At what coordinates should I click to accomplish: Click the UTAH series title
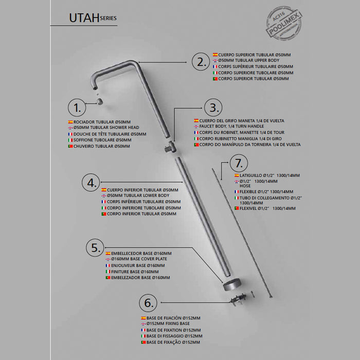[x=93, y=18]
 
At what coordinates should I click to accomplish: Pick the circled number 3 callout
[x=213, y=108]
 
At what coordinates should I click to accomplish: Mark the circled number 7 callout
[x=238, y=165]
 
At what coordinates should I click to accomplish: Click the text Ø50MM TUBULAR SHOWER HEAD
[x=106, y=128]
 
